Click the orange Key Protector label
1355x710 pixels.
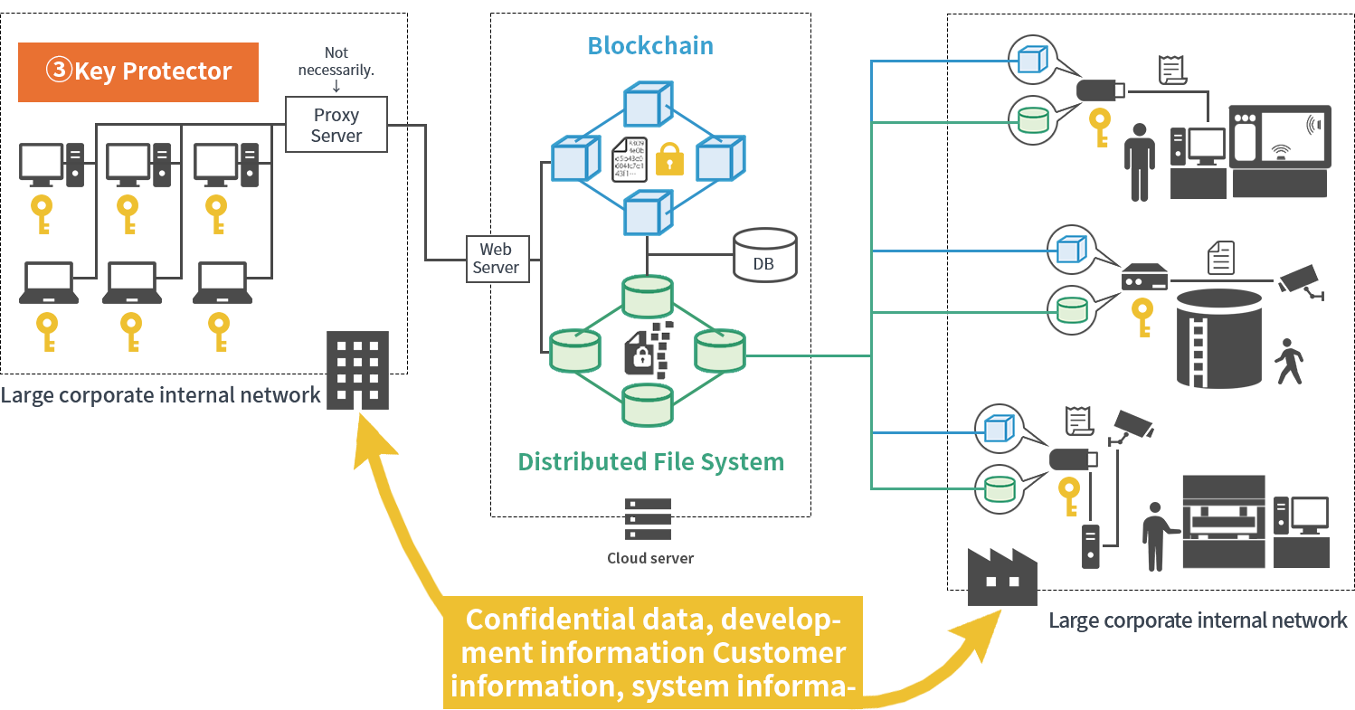coord(138,71)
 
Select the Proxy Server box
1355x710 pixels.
coord(336,126)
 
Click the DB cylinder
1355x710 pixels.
coord(764,254)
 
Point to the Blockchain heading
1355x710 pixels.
coord(650,46)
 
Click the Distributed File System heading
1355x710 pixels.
coord(650,462)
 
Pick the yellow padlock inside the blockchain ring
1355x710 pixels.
coord(668,158)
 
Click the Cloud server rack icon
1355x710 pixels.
coord(648,519)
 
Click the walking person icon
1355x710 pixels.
coord(1288,362)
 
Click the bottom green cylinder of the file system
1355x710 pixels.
coord(647,404)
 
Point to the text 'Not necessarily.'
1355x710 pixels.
coord(336,62)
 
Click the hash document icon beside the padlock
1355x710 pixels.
coord(630,158)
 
